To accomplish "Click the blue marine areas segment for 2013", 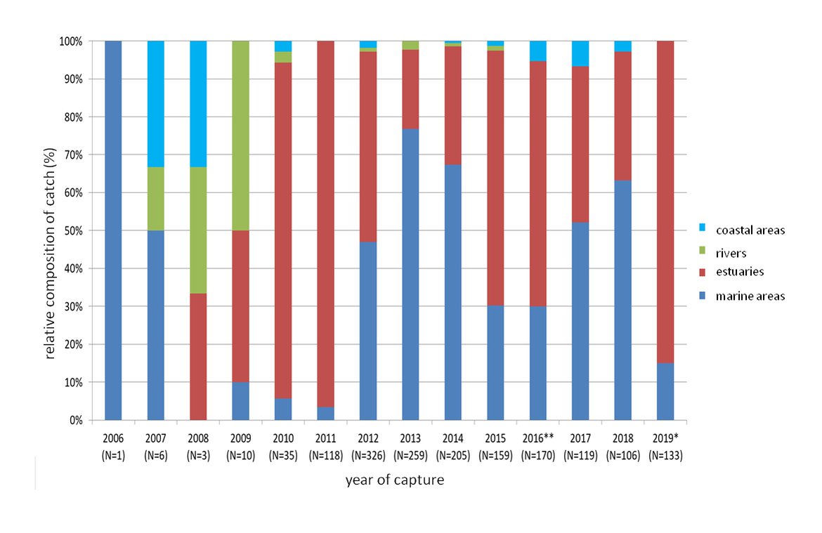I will pyautogui.click(x=410, y=275).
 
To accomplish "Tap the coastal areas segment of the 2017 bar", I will pyautogui.click(x=580, y=53).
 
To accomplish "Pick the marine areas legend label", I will pyautogui.click(x=750, y=296).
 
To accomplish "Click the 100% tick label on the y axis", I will pyautogui.click(x=70, y=41).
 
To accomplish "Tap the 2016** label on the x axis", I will pyautogui.click(x=538, y=438).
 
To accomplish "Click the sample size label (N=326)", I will pyautogui.click(x=368, y=455).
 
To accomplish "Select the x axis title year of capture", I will pyautogui.click(x=394, y=481).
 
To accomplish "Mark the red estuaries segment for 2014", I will pyautogui.click(x=453, y=105).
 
